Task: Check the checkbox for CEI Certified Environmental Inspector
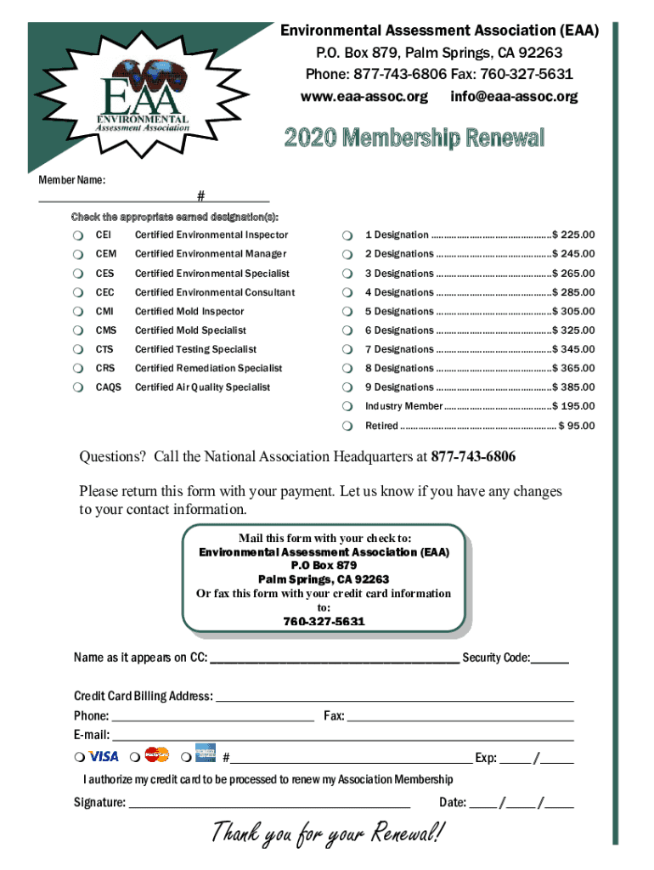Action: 77,235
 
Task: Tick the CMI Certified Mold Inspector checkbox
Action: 77,312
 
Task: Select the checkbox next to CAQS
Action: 77,387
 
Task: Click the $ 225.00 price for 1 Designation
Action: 574,235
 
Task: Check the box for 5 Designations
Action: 347,312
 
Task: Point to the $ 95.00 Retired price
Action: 577,426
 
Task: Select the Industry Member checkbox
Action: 347,407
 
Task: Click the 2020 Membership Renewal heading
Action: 414,138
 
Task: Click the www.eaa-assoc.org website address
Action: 364,97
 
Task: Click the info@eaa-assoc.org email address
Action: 514,97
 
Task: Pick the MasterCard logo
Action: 157,754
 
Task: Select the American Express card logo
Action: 205,754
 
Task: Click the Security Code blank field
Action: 551,658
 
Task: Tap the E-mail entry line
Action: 343,736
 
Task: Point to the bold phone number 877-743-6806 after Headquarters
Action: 473,457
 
